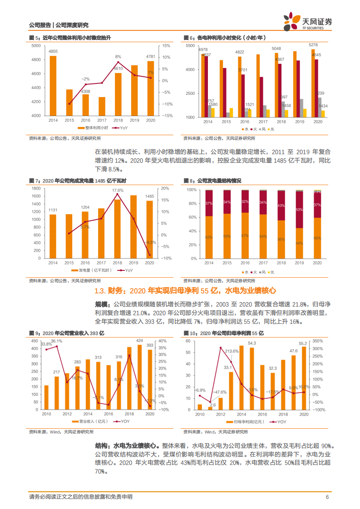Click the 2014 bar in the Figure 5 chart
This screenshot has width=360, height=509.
pyautogui.click(x=53, y=86)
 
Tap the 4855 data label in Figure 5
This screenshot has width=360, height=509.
pyautogui.click(x=53, y=52)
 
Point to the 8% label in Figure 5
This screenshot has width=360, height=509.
pyautogui.click(x=118, y=57)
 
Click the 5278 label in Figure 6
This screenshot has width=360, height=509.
pyautogui.click(x=313, y=45)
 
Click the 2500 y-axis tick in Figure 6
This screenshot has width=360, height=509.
pyautogui.click(x=191, y=93)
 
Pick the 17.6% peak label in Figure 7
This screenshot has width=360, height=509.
pyautogui.click(x=118, y=191)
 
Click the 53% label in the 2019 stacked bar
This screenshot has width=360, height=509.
pyautogui.click(x=299, y=210)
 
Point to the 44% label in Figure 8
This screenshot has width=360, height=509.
pyautogui.click(x=299, y=244)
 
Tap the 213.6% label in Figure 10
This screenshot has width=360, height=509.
pyautogui.click(x=232, y=351)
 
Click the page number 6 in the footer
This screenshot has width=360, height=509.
pyautogui.click(x=327, y=497)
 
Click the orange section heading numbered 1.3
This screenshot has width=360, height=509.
pyautogui.click(x=185, y=291)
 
